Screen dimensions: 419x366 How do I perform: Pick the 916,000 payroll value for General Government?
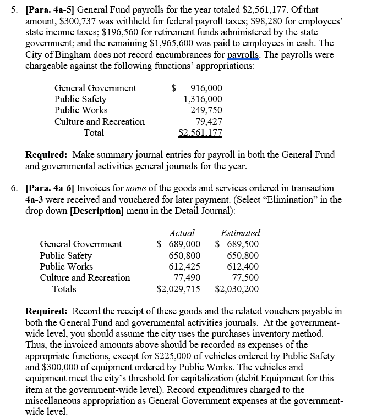(x=205, y=88)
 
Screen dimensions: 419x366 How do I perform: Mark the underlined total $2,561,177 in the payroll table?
(x=200, y=133)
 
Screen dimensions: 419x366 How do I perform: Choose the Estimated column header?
(x=240, y=233)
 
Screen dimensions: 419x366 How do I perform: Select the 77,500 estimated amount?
(x=246, y=277)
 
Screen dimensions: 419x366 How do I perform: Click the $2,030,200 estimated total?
(x=237, y=289)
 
